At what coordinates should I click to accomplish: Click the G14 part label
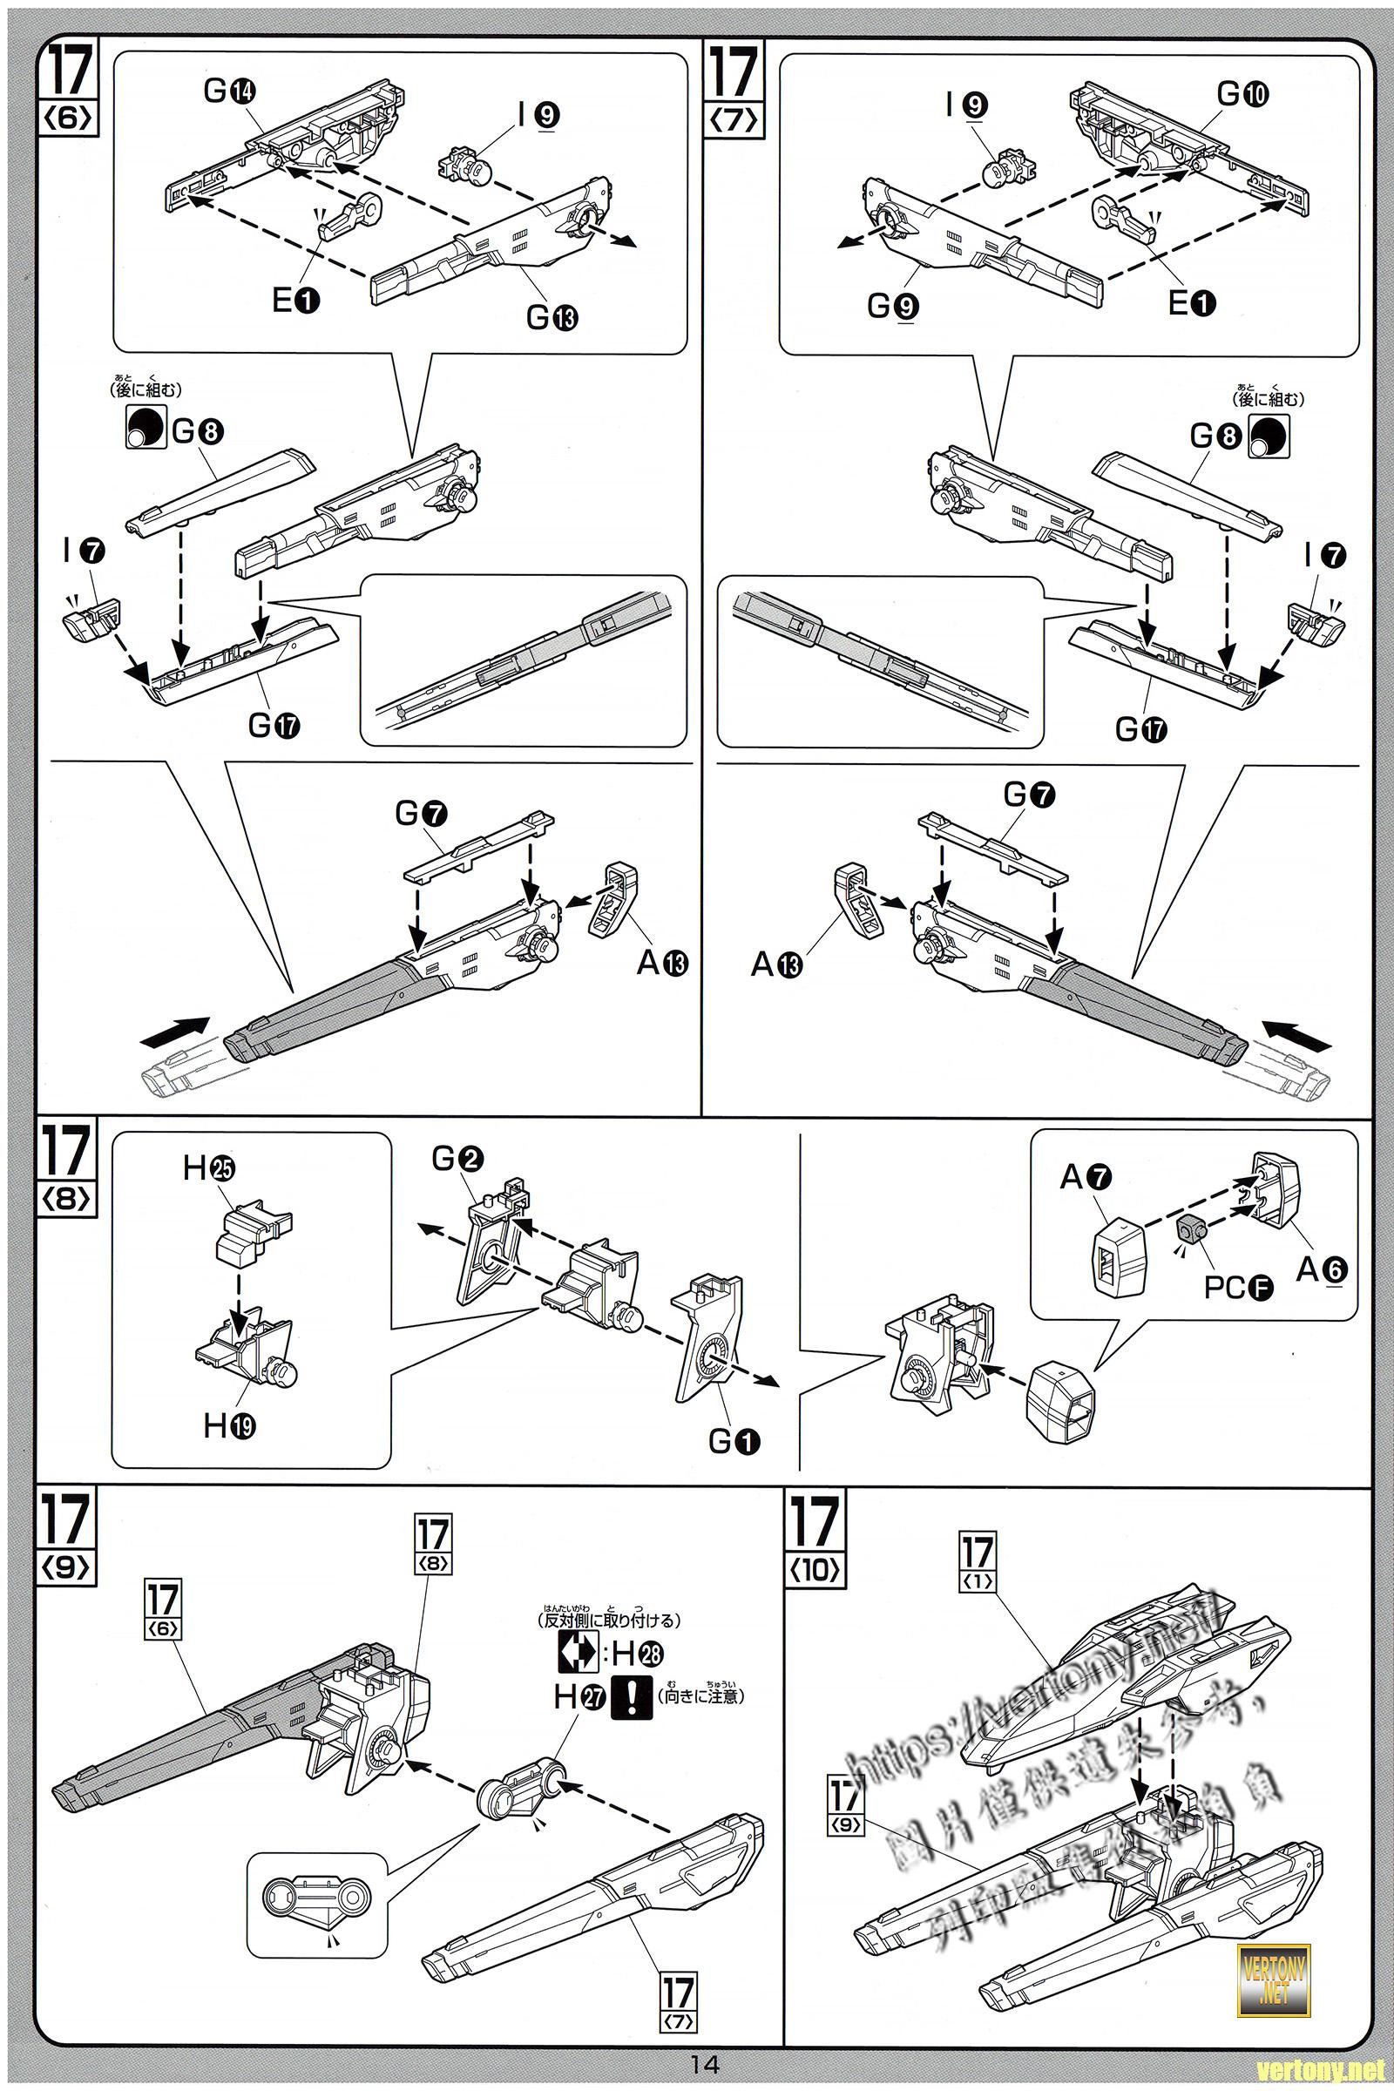[230, 91]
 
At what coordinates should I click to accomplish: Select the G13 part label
[552, 315]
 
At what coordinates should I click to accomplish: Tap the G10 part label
[1242, 93]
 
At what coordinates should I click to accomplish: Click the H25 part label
[210, 1169]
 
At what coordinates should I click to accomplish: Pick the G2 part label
[458, 1159]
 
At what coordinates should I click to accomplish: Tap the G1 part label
[734, 1441]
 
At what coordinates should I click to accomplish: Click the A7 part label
[1086, 1178]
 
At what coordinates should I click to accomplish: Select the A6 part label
[1321, 1269]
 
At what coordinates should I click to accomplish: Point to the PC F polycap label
[1238, 1287]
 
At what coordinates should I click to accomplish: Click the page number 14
[704, 2063]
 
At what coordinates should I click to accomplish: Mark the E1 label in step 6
[296, 301]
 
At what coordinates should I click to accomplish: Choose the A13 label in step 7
[777, 963]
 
